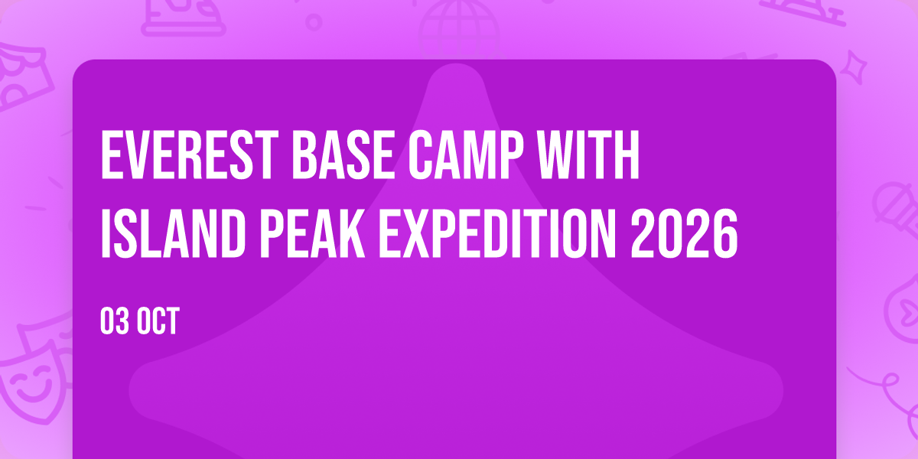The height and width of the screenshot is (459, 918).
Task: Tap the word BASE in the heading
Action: (343, 155)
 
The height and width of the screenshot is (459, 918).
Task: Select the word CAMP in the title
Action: (466, 155)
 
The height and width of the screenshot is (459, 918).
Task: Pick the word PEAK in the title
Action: (312, 233)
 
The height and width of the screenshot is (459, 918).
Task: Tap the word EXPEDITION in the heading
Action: (497, 233)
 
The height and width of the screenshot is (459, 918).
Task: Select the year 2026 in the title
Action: (684, 233)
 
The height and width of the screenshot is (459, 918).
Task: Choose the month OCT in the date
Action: (158, 321)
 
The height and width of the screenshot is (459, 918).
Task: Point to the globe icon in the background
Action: (459, 30)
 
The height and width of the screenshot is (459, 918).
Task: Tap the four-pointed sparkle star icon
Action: (854, 67)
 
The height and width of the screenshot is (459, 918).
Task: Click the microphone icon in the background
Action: (896, 209)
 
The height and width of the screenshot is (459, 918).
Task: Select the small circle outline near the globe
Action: (314, 22)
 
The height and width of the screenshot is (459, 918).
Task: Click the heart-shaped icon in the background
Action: (903, 311)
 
